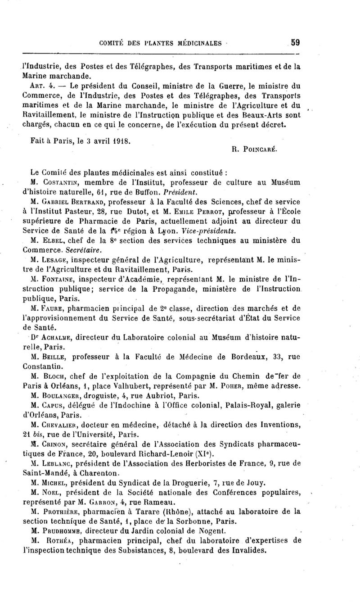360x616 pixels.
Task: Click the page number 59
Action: pos(295,43)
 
